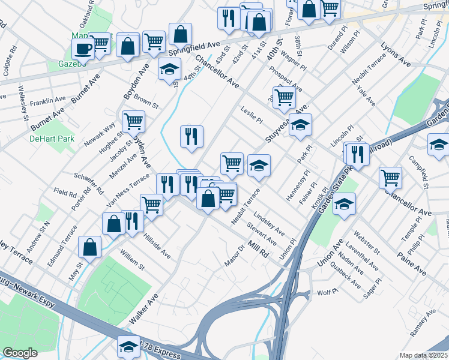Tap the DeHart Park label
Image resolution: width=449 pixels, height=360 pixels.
(x=43, y=139)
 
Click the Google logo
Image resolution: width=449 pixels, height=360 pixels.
(x=20, y=353)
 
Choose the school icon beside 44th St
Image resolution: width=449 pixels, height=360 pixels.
(x=170, y=69)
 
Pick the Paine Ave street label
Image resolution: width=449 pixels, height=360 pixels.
(x=412, y=264)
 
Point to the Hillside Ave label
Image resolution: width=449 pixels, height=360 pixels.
(x=156, y=246)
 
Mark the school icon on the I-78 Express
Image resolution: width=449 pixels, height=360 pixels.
(x=128, y=347)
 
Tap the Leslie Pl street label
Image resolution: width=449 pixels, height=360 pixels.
(x=252, y=115)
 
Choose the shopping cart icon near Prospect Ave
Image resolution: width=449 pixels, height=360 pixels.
(x=285, y=97)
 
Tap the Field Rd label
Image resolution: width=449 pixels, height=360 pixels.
(x=65, y=194)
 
